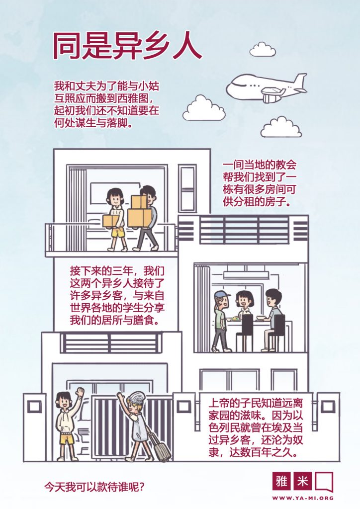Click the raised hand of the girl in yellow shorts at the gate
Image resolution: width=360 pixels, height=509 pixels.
point(79,391)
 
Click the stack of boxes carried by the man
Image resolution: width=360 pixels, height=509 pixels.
point(139,211)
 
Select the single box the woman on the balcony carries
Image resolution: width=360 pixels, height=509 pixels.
point(111,221)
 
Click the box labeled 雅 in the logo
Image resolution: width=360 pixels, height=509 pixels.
point(282,481)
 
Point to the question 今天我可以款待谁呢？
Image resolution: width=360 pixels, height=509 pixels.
point(94,487)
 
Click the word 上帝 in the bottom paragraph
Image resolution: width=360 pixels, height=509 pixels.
point(219,404)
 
